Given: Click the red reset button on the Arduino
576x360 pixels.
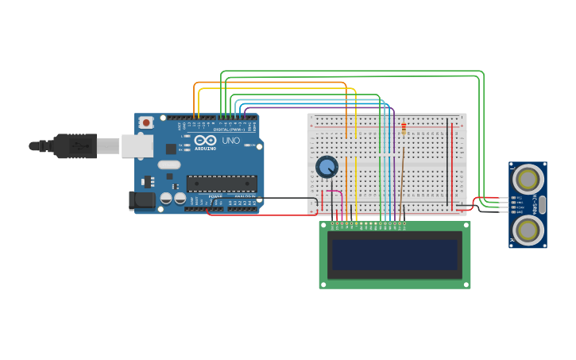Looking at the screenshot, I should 145,122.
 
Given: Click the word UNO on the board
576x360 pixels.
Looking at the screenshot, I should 230,141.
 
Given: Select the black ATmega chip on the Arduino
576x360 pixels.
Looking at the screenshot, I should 222,184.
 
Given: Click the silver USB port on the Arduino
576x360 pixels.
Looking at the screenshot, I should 137,145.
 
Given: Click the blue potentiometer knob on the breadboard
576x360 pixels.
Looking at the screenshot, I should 327,167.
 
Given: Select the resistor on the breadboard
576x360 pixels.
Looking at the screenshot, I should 404,129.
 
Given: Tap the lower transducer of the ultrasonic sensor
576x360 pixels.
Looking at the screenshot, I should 528,230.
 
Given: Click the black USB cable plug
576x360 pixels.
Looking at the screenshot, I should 75,146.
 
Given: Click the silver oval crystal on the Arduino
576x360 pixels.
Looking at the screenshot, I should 169,165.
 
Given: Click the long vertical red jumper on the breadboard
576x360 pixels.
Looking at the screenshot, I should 454,163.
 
